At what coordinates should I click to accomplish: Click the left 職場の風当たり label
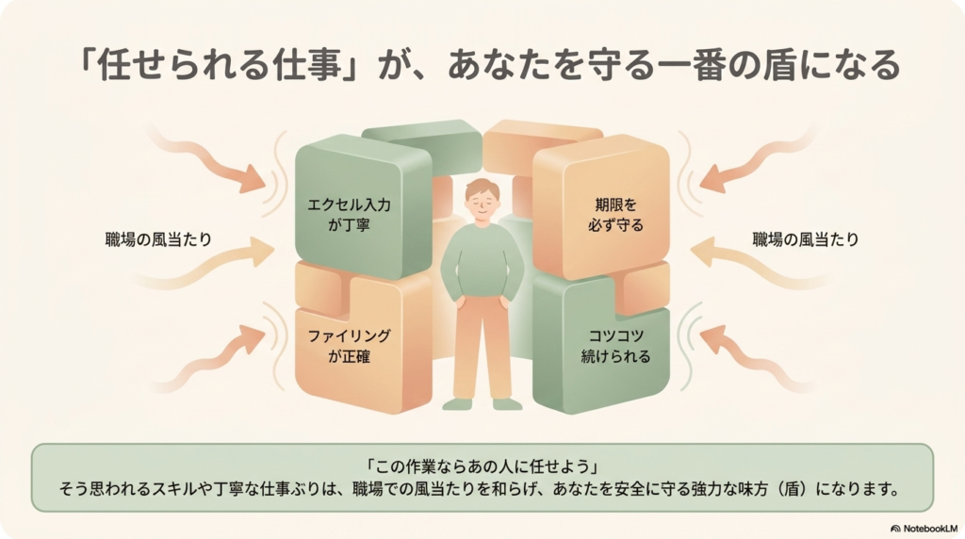(x=158, y=239)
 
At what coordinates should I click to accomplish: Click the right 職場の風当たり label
(x=806, y=239)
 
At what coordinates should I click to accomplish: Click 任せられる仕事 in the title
(x=219, y=65)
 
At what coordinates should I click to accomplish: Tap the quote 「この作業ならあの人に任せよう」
(x=482, y=465)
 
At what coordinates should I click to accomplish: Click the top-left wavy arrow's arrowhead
(x=253, y=178)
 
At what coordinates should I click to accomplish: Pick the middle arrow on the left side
(x=204, y=263)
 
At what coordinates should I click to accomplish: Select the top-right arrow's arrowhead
(x=712, y=178)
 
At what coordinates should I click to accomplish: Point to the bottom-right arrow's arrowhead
(x=713, y=339)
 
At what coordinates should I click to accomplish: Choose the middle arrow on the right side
(x=761, y=263)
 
